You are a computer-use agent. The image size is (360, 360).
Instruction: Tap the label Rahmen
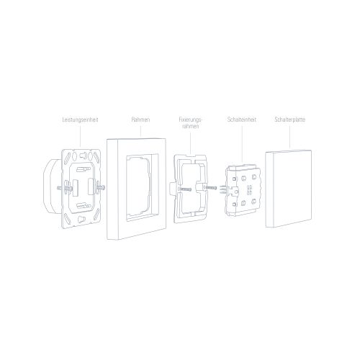[x=141, y=119]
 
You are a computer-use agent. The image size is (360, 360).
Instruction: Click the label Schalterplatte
[x=288, y=119]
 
